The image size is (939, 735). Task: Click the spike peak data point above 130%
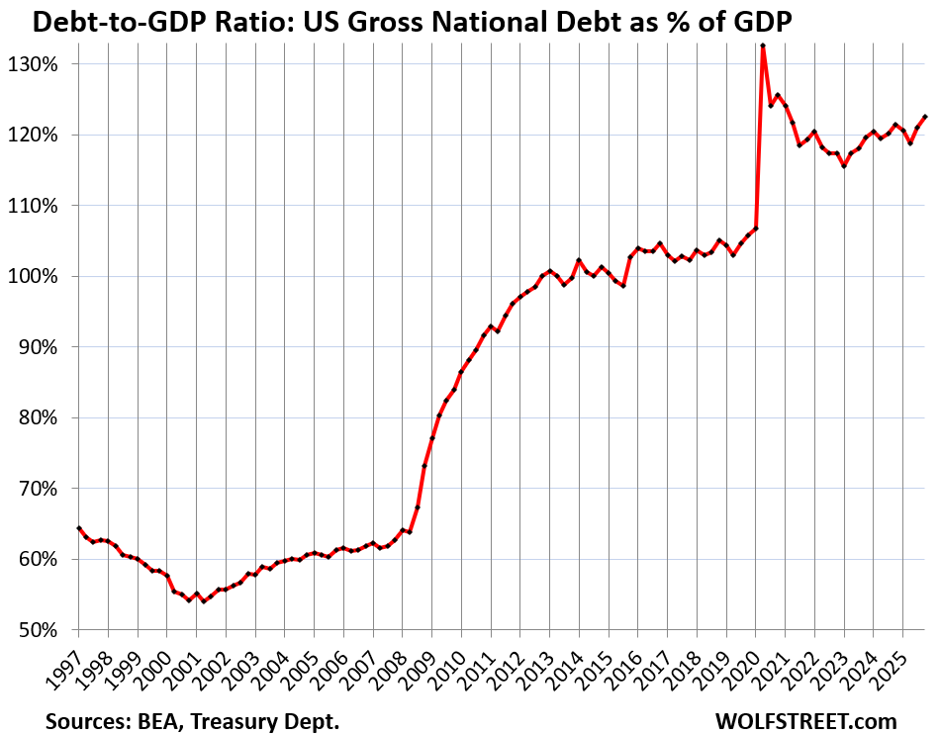(763, 46)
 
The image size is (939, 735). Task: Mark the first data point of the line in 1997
(78, 528)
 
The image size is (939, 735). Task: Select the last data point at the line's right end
(924, 117)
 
